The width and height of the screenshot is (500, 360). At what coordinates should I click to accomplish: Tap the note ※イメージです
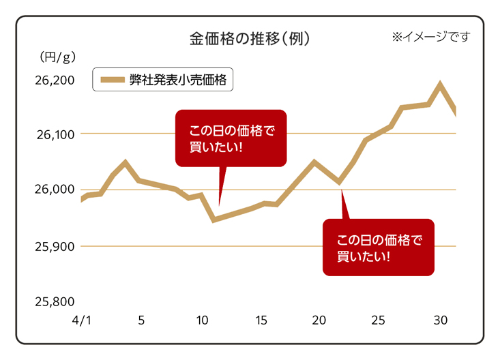(430, 37)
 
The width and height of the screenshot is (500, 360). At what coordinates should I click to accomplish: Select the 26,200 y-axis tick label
(54, 81)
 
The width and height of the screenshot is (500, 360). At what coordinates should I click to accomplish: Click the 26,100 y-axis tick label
(54, 134)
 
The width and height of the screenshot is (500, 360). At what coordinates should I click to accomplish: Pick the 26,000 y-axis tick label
(54, 190)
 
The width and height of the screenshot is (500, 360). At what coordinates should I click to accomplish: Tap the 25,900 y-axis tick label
(54, 245)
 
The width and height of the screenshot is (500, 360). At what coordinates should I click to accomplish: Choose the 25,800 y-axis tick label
(54, 301)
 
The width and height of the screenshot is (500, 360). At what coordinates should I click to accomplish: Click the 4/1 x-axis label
(80, 320)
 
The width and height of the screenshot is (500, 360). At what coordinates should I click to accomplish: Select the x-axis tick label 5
(141, 320)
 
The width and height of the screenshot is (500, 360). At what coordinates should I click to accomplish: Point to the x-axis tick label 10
(202, 320)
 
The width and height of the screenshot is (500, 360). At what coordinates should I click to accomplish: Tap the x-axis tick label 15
(261, 320)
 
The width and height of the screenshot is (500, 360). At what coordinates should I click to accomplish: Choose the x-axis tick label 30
(440, 320)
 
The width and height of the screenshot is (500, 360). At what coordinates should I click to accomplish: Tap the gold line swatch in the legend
(113, 80)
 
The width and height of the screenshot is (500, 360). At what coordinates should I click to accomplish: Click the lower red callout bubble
(378, 247)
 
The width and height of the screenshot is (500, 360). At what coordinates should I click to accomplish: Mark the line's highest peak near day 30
(440, 85)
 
